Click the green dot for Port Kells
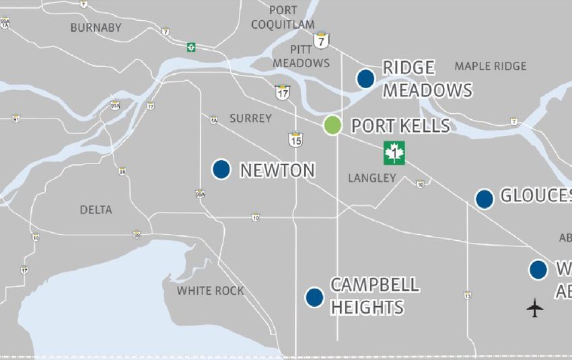pos(332,125)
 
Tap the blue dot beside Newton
pos(221,169)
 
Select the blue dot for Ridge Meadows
pos(365,78)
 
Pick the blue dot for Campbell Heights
pos(314,297)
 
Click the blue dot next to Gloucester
pos(485,199)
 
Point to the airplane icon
pos(535,309)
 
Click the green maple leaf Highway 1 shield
pos(394,153)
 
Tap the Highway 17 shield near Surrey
pos(282,93)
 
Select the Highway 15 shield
pos(295,140)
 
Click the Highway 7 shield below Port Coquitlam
pos(322,40)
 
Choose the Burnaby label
pos(96,28)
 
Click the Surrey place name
pos(250,118)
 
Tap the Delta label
pos(96,210)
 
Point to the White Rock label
pos(210,291)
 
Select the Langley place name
pos(372,178)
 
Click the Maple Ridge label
pos(491,66)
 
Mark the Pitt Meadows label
pos(310,57)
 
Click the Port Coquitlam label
pos(283,17)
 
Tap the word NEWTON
pos(277,170)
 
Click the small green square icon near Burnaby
pos(192,47)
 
